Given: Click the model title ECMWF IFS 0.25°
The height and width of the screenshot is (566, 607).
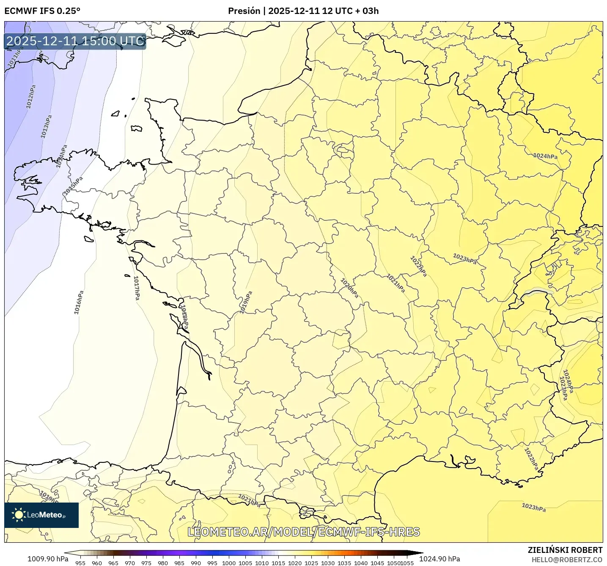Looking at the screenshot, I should [x=42, y=11].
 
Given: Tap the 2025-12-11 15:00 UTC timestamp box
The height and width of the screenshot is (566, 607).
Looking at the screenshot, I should [x=75, y=41].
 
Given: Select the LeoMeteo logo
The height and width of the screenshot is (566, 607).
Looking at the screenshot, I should [x=41, y=515].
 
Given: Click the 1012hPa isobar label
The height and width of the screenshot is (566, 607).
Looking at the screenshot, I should [x=31, y=96].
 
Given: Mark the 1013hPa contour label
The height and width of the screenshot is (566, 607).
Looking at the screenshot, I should [x=46, y=126].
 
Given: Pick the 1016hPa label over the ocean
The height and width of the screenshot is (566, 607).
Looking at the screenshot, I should [x=79, y=302].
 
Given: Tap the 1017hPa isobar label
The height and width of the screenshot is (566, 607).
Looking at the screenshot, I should [x=137, y=288].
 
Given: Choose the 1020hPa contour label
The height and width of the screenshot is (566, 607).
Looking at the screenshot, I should [x=349, y=288].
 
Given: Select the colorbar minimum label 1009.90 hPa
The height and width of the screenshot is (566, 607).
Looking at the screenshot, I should [x=48, y=559].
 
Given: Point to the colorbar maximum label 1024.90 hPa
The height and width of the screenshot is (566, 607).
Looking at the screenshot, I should [x=439, y=559].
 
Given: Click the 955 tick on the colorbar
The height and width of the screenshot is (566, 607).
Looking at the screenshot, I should [x=80, y=563].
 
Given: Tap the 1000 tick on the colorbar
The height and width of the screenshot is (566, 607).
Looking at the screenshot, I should [x=229, y=563].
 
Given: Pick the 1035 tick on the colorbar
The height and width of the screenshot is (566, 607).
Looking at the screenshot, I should [x=344, y=563].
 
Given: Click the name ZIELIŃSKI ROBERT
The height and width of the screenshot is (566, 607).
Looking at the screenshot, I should [x=565, y=550].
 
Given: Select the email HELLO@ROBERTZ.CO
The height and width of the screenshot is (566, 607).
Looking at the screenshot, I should [x=567, y=560].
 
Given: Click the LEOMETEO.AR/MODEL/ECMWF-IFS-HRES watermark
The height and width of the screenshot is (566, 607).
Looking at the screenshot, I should [x=304, y=532].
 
